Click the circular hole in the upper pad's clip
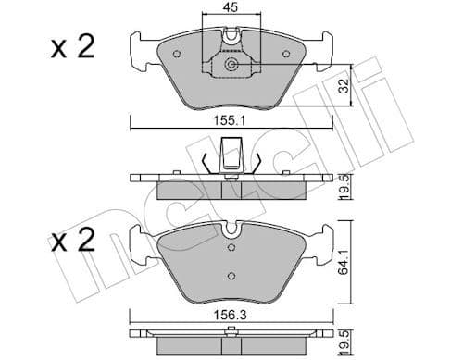(x=231, y=65)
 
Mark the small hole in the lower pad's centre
(x=231, y=274)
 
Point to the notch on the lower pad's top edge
(x=231, y=232)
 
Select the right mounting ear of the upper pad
(x=321, y=52)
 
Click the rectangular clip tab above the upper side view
(x=231, y=151)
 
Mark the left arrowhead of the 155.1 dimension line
(x=132, y=127)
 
